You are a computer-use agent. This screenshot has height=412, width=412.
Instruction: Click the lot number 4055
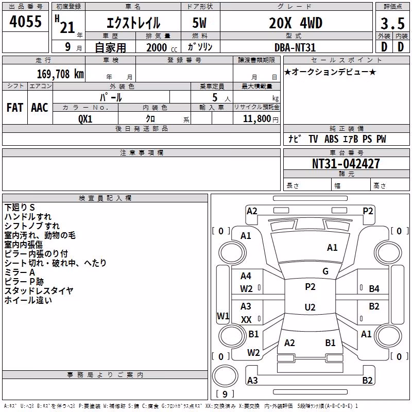[x=25, y=22]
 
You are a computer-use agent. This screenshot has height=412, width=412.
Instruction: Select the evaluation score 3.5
[x=392, y=24]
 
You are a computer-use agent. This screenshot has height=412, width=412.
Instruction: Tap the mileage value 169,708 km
[x=60, y=74]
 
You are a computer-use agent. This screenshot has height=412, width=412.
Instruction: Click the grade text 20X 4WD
[x=296, y=23]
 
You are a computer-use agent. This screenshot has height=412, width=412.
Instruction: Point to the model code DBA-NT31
[x=295, y=47]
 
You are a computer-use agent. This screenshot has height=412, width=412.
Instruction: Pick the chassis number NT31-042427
[x=346, y=164]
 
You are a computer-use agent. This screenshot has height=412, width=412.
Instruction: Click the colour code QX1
[x=85, y=119]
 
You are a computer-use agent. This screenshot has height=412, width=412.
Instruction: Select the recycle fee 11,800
[x=257, y=119]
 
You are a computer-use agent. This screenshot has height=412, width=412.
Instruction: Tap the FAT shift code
[x=15, y=108]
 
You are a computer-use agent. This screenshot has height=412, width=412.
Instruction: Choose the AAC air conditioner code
[x=40, y=108]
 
